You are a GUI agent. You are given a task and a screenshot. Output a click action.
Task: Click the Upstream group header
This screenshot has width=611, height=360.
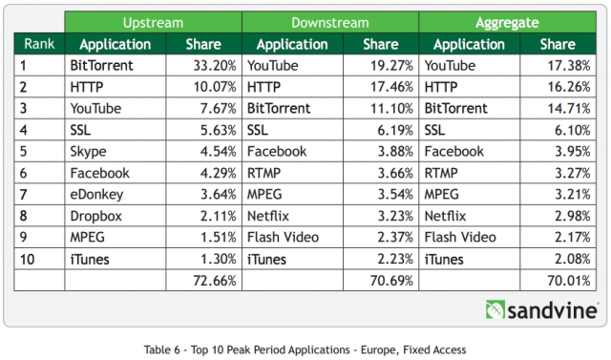tap(153, 22)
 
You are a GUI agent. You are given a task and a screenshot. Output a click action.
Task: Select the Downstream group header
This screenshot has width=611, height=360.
tap(330, 22)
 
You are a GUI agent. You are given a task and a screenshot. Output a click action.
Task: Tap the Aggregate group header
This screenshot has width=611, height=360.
tap(507, 22)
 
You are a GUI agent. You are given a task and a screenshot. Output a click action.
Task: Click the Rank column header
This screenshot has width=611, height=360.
tap(39, 44)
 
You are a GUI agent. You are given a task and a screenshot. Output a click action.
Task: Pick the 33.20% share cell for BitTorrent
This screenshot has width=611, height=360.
tap(203, 65)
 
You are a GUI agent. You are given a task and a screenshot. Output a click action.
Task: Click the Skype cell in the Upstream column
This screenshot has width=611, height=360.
tap(116, 151)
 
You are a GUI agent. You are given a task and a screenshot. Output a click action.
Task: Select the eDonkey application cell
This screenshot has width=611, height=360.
tap(116, 194)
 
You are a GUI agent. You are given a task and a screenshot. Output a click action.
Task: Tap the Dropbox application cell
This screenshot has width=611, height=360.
tap(116, 216)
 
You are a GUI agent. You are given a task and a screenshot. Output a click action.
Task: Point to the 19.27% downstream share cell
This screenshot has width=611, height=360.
tap(381, 65)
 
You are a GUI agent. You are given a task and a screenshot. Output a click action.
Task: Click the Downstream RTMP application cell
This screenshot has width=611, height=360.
tap(293, 173)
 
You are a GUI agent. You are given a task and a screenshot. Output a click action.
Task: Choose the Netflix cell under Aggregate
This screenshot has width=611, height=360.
tap(470, 216)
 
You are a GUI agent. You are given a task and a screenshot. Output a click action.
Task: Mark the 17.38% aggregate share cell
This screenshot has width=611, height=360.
tap(558, 65)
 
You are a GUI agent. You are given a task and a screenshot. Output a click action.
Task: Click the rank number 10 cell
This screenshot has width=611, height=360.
tap(39, 259)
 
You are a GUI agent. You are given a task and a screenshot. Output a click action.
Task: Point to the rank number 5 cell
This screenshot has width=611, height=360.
tap(39, 151)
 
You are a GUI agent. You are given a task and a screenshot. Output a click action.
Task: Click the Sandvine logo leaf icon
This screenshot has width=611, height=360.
tap(495, 309)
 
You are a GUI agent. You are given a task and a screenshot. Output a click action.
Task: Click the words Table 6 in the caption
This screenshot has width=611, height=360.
tap(157, 349)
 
